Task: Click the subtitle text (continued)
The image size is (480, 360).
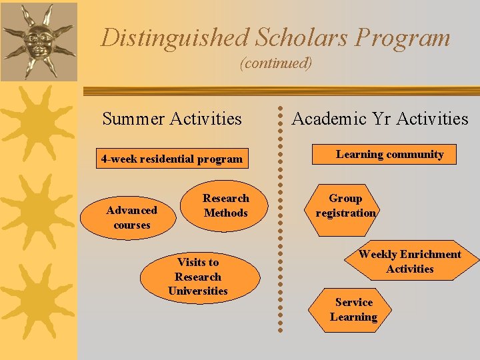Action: point(275,63)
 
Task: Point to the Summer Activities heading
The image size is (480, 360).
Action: point(172,119)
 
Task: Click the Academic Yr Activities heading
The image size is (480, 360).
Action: point(380,119)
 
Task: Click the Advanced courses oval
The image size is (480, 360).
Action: point(132,217)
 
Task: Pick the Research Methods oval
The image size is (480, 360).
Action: point(225,206)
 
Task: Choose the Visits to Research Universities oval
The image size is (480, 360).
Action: point(198,277)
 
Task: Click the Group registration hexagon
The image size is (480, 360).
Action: point(345,206)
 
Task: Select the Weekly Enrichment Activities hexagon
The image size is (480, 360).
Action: point(409,261)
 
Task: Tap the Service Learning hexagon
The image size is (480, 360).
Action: point(353,310)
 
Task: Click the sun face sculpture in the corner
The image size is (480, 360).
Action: point(37,40)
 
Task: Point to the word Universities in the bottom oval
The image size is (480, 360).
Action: point(198,291)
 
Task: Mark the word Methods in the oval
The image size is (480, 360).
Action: point(225,213)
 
